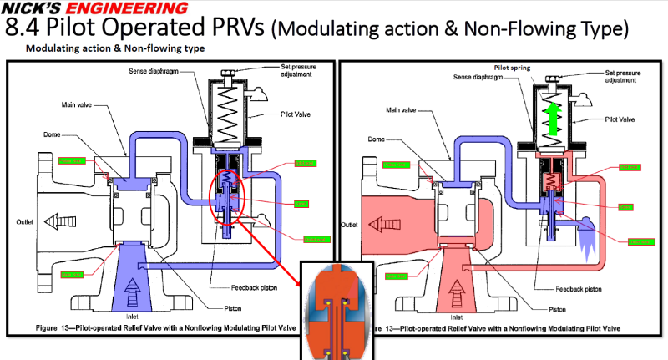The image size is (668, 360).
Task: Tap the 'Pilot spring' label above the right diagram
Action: [x=510, y=67]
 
